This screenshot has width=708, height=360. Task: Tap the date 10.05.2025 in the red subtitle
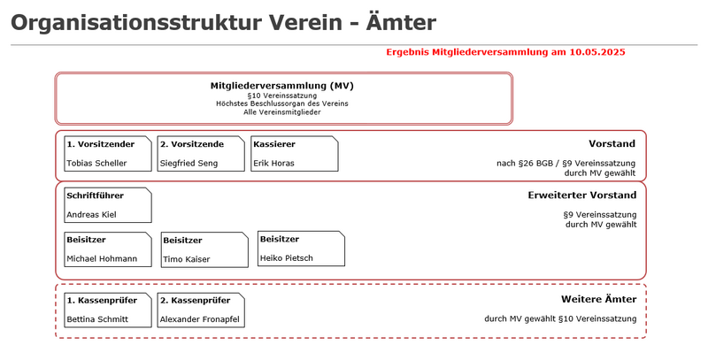(597, 53)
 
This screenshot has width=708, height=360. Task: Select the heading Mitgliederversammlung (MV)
(281, 86)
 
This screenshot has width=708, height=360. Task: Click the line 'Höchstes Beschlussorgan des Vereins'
(281, 103)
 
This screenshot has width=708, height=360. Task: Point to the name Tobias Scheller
(96, 163)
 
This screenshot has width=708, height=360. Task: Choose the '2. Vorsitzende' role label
(191, 143)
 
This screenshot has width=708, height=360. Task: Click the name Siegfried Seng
(189, 163)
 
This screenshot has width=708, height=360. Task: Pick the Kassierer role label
(273, 143)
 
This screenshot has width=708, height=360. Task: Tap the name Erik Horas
(273, 163)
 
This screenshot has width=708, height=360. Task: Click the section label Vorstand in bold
(612, 143)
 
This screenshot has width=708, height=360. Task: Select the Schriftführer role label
(95, 195)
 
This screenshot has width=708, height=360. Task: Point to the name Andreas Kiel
(91, 214)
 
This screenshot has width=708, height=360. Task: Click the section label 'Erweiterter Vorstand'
(576, 195)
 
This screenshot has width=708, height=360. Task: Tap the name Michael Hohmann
(102, 258)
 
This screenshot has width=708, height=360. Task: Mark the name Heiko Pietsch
(286, 258)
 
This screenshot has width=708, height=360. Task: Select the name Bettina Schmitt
(97, 319)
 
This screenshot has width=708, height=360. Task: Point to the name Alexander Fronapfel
(198, 319)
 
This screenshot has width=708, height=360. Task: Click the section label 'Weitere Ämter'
(598, 299)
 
